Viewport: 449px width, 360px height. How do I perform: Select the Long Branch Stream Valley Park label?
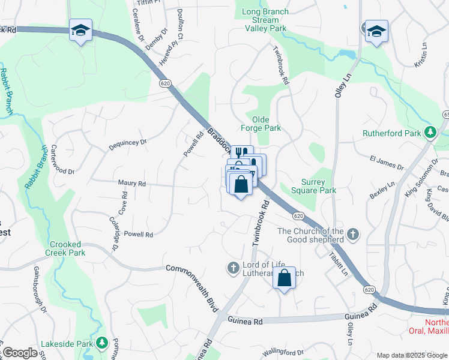point(265,20)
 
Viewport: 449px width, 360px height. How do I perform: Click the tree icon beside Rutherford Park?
point(430,133)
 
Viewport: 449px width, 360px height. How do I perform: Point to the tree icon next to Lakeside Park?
point(102,343)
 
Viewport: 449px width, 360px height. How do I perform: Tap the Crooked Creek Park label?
point(68,249)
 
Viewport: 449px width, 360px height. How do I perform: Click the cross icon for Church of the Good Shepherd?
point(354,234)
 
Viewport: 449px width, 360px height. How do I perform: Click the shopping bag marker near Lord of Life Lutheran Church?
point(285,278)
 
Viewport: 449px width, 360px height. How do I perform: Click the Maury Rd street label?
point(132,183)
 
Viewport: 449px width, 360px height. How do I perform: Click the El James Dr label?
point(387,163)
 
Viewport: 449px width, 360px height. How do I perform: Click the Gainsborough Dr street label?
point(40,290)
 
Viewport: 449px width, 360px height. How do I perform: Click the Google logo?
point(19,353)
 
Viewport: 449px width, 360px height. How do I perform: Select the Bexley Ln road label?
point(382,191)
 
